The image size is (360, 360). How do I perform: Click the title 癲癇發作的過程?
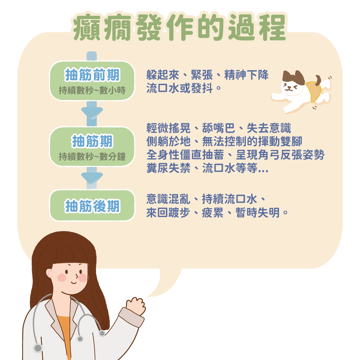coord(179,27)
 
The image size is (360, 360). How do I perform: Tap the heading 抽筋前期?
coord(92,75)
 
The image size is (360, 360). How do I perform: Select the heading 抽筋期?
coord(92,141)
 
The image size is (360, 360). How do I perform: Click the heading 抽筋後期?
coord(92,206)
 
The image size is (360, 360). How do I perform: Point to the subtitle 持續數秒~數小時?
coord(92,90)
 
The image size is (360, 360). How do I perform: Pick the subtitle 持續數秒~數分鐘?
coord(92,156)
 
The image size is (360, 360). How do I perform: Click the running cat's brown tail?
coord(318,80)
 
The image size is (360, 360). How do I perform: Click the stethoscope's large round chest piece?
coord(38,348)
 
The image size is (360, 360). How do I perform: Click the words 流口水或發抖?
coord(180,88)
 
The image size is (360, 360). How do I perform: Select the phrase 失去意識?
coord(269,128)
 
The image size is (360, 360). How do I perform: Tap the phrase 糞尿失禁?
coord(168,168)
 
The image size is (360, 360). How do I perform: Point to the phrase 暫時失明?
coord(257,213)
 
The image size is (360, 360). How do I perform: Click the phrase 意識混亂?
coord(168,199)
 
